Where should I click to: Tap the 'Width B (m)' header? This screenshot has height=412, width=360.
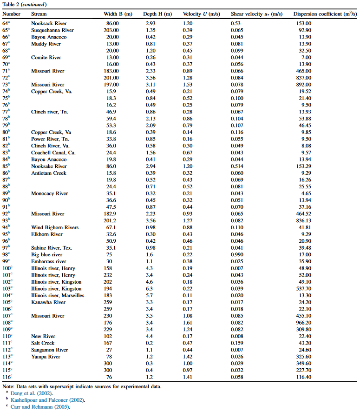click(x=118, y=14)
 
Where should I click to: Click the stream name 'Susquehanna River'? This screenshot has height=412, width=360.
click(x=52, y=30)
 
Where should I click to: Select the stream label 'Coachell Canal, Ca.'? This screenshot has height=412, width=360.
click(x=53, y=153)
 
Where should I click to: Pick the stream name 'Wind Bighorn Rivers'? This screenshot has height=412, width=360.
click(x=55, y=227)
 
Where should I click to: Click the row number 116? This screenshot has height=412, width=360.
click(x=7, y=377)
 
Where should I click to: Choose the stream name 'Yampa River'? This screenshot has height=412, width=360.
click(x=46, y=357)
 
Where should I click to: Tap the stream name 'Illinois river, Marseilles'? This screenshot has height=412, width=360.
click(x=58, y=296)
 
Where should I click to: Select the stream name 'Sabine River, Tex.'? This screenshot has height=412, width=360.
click(x=52, y=248)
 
